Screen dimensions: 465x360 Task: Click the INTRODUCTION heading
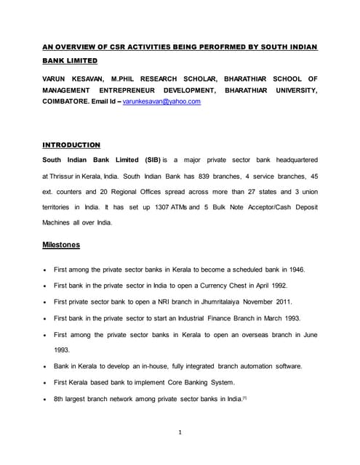coord(71,145)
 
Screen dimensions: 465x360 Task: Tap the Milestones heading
coord(62,245)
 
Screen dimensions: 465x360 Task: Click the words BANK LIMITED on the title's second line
coord(70,61)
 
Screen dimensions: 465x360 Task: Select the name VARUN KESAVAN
coord(73,78)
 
